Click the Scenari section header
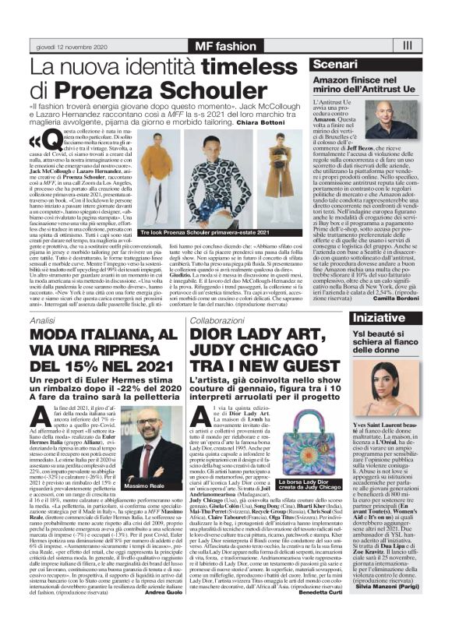pyautogui.click(x=337, y=63)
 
